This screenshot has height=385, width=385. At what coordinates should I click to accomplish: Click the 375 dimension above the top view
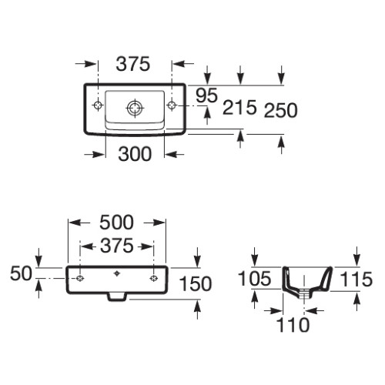point(132,64)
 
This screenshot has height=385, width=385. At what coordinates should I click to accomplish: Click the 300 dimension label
point(135,154)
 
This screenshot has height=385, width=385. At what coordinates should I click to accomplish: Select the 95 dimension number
point(206,95)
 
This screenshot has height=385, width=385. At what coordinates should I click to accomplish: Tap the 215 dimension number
point(239,107)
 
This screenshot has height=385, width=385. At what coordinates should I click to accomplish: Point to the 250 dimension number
point(281,110)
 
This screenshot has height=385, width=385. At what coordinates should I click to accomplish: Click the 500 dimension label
point(116,223)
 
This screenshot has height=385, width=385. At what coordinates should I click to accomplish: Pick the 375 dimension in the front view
point(117,246)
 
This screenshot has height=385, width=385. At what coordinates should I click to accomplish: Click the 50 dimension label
point(21,273)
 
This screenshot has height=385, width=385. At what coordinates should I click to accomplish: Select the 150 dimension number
point(196,284)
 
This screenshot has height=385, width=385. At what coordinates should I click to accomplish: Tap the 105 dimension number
point(254,279)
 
